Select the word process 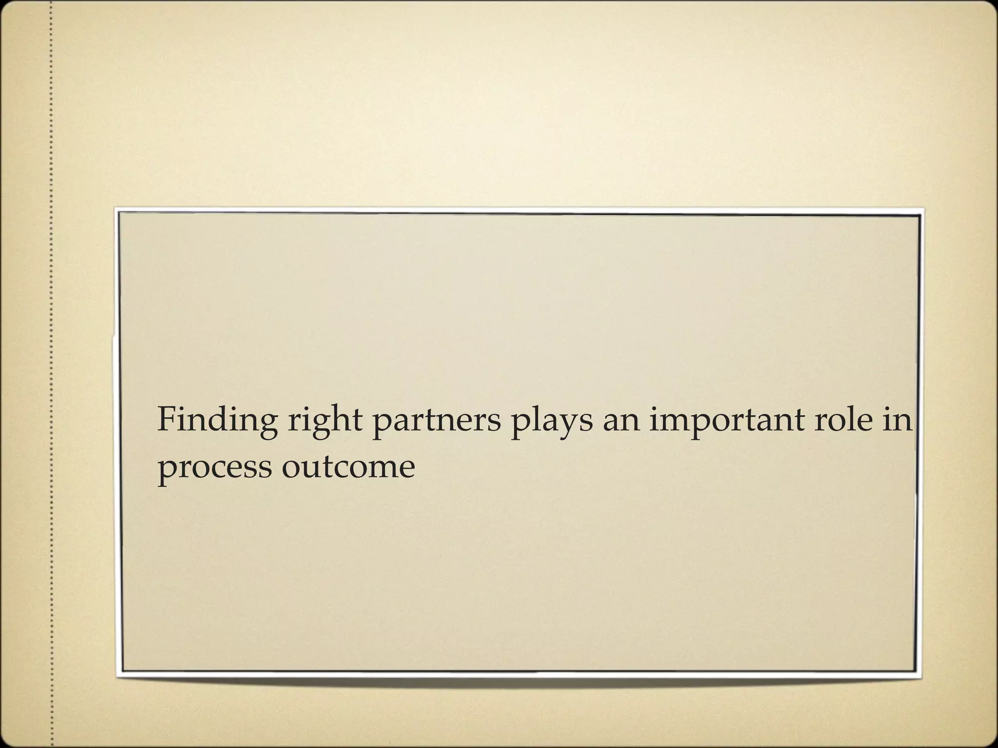pyautogui.click(x=214, y=468)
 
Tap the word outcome pyautogui.click(x=348, y=467)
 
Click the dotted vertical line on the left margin pyautogui.click(x=51, y=374)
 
